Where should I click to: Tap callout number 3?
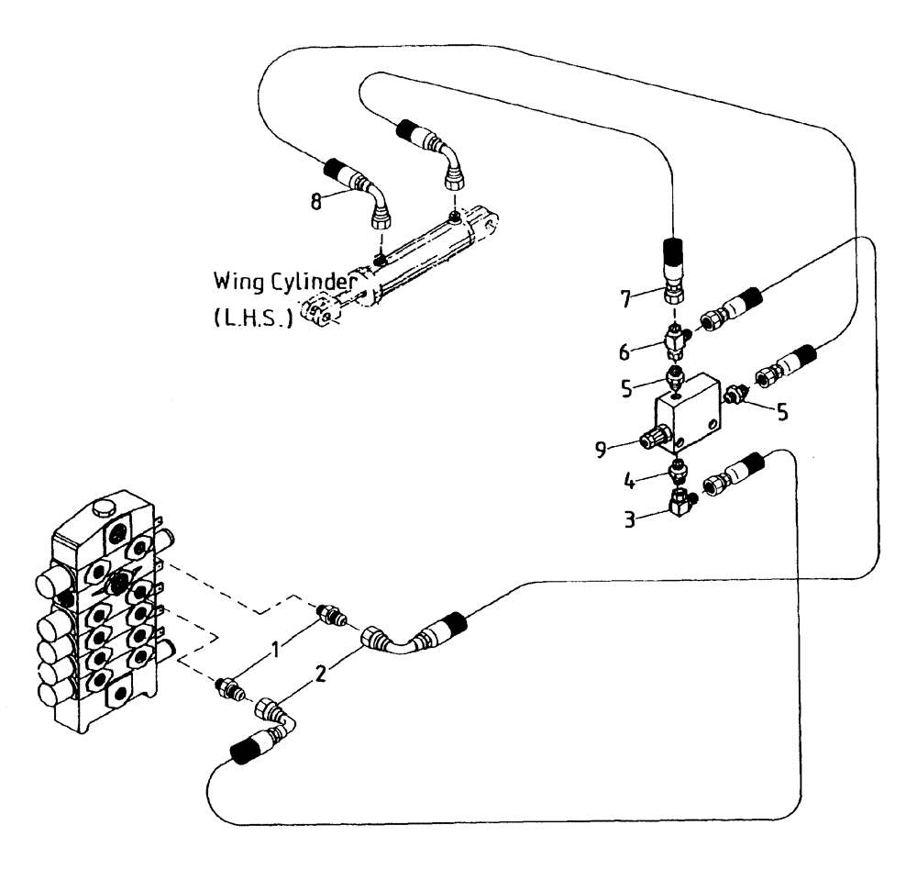(x=631, y=518)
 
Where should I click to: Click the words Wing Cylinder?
(x=284, y=279)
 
